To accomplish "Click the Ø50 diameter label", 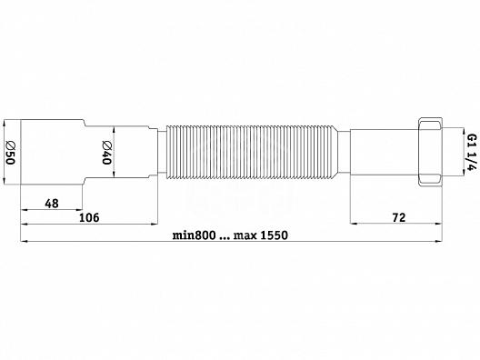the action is pyautogui.click(x=10, y=153).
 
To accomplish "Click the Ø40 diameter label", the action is pyautogui.click(x=106, y=153).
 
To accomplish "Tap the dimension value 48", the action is pyautogui.click(x=52, y=204).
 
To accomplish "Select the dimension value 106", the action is pyautogui.click(x=89, y=217).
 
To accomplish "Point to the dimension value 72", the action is pyautogui.click(x=399, y=217).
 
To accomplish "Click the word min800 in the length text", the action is pyautogui.click(x=194, y=235).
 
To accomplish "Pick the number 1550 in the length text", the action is pyautogui.click(x=275, y=235).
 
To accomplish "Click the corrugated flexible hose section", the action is pyautogui.click(x=252, y=152).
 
